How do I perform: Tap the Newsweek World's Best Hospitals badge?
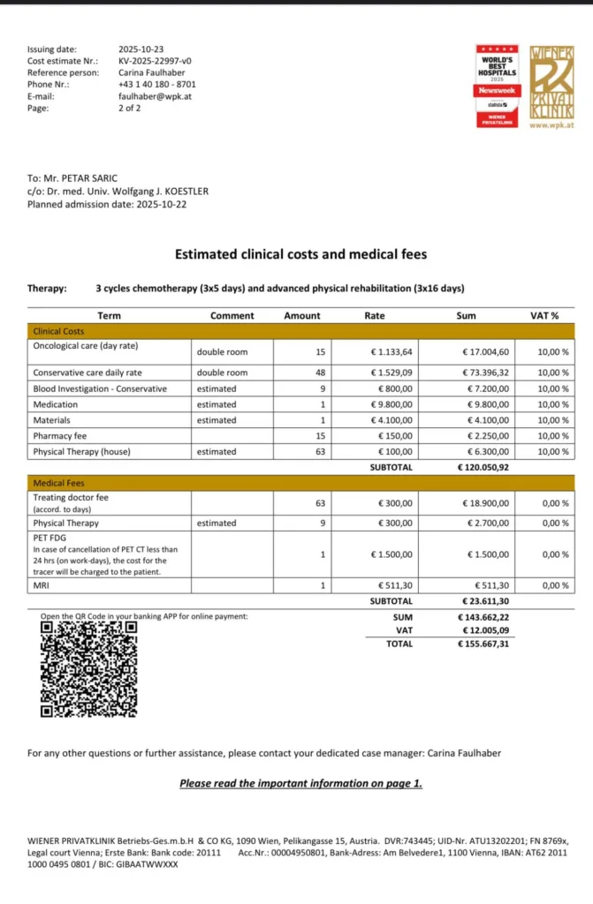[498, 87]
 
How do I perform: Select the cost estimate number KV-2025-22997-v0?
[155, 61]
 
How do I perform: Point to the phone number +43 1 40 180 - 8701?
[157, 84]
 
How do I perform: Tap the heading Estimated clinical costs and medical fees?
[300, 254]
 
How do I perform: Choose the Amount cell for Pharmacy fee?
[320, 435]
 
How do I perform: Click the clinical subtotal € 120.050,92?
[483, 467]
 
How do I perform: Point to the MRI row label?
[42, 585]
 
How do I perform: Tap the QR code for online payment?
[89, 668]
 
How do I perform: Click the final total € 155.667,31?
[483, 644]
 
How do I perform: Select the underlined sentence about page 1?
[300, 783]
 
